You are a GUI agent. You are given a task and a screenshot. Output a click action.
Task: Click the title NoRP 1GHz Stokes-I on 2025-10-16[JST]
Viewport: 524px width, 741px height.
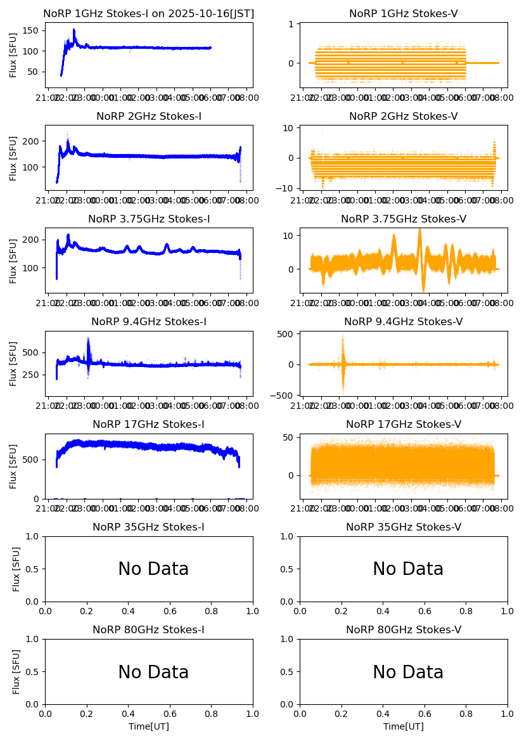[x=148, y=14]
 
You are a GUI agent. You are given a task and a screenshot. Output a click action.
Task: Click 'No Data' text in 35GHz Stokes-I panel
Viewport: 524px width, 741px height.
[x=153, y=569]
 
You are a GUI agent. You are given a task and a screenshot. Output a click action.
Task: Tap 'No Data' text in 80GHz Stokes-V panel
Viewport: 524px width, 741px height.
[x=408, y=672]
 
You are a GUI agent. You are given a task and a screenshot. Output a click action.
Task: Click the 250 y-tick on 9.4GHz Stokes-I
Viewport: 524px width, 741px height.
[x=33, y=375]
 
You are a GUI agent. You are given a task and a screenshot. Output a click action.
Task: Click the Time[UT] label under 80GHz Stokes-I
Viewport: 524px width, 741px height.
[x=148, y=726]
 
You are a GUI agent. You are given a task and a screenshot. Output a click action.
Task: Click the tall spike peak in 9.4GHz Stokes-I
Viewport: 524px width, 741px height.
[x=88, y=338]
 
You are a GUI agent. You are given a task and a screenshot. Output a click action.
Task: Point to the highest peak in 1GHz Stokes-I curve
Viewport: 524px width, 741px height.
[x=74, y=30]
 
